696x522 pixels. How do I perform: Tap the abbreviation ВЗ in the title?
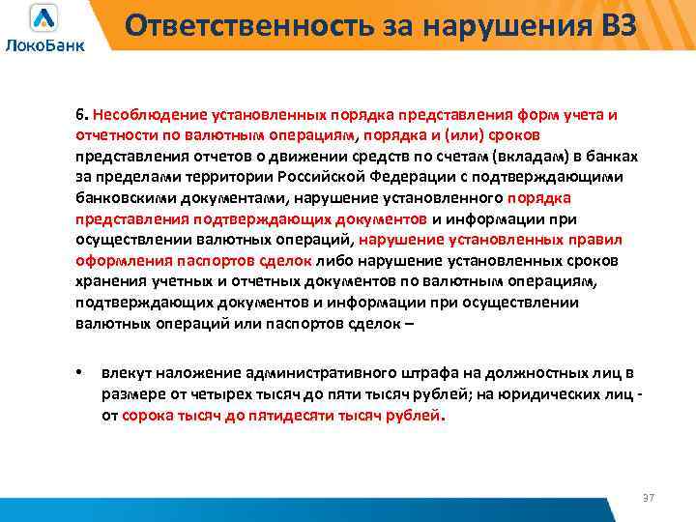612,26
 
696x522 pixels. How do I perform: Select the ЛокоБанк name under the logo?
44,44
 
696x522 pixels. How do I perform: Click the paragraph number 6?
80,115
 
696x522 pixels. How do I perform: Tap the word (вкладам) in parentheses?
527,157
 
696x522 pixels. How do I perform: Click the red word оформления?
119,261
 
